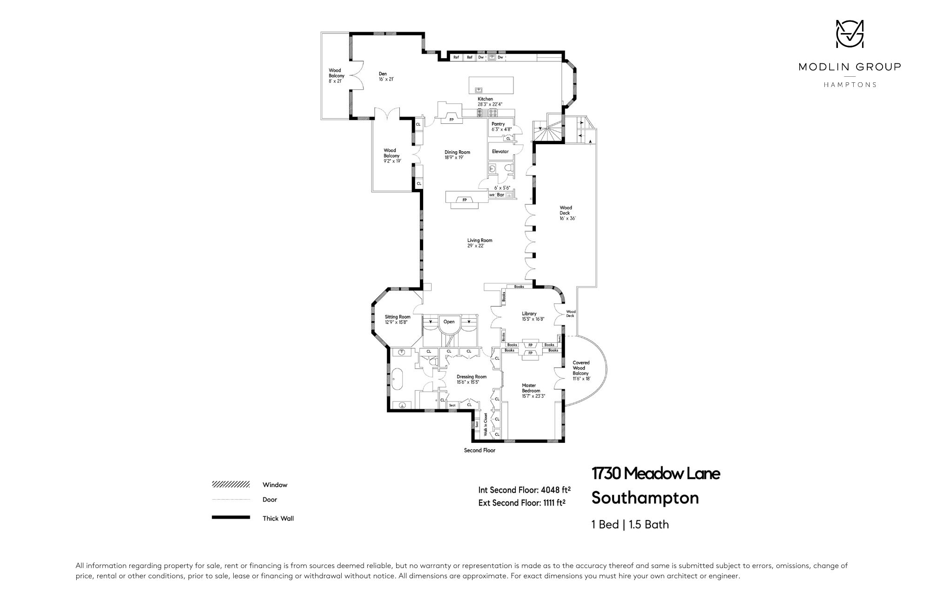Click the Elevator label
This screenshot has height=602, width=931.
tap(500, 152)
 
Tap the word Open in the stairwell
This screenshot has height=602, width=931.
tap(449, 321)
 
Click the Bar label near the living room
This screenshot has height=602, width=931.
tap(501, 195)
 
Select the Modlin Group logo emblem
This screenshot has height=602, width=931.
tap(850, 40)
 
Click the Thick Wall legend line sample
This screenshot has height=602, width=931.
tap(231, 517)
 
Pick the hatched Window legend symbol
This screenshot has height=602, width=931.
tap(231, 484)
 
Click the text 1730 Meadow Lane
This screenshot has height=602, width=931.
tap(656, 474)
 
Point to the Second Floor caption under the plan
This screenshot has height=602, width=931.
tap(479, 450)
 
